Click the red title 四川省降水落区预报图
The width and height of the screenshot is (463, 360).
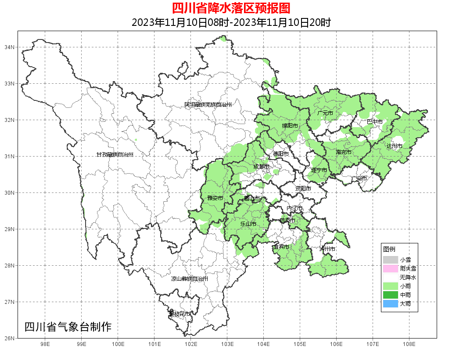click(231, 8)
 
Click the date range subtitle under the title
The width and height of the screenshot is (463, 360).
click(231, 22)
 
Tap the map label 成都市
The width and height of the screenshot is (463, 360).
click(262, 167)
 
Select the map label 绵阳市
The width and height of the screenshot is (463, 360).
click(290, 126)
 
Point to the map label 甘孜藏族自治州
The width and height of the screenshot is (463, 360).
click(115, 155)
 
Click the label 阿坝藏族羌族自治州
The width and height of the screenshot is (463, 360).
click(208, 105)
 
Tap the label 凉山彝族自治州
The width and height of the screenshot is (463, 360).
click(190, 279)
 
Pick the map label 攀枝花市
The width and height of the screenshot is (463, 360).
click(179, 314)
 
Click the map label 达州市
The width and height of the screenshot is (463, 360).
click(395, 146)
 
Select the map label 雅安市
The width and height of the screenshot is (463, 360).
click(215, 198)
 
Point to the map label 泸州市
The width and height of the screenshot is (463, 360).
click(327, 249)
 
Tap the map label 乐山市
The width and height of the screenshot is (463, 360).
click(248, 224)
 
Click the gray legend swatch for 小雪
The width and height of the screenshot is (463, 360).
click(390, 260)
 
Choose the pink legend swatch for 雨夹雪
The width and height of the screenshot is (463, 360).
click(390, 269)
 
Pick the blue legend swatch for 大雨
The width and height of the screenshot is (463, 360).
click(390, 304)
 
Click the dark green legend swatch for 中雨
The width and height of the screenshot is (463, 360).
click(390, 295)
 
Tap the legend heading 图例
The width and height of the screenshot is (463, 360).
click(389, 249)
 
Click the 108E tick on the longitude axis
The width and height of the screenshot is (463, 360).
click(409, 344)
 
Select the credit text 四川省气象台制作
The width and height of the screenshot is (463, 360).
click(68, 327)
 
